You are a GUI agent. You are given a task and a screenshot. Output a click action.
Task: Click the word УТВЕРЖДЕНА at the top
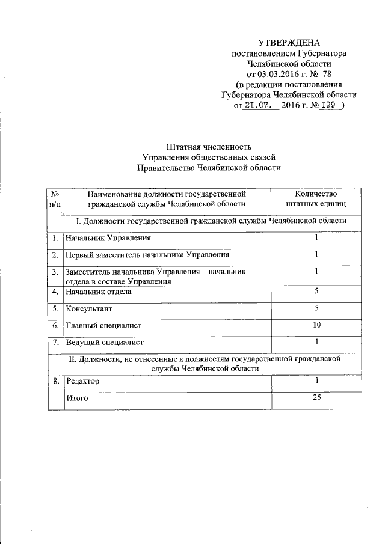click(289, 43)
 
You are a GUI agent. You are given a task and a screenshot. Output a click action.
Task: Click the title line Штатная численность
click(205, 147)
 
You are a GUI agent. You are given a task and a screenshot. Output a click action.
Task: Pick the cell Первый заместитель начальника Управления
click(139, 255)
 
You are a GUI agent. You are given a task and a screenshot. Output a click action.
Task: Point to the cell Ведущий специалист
click(105, 342)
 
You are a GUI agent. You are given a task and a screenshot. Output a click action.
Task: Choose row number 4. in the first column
click(55, 292)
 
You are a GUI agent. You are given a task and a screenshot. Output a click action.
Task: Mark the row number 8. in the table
click(55, 381)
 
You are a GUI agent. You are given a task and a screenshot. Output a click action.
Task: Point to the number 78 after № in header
click(327, 74)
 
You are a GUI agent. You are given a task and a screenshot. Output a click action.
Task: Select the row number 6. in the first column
click(55, 325)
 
